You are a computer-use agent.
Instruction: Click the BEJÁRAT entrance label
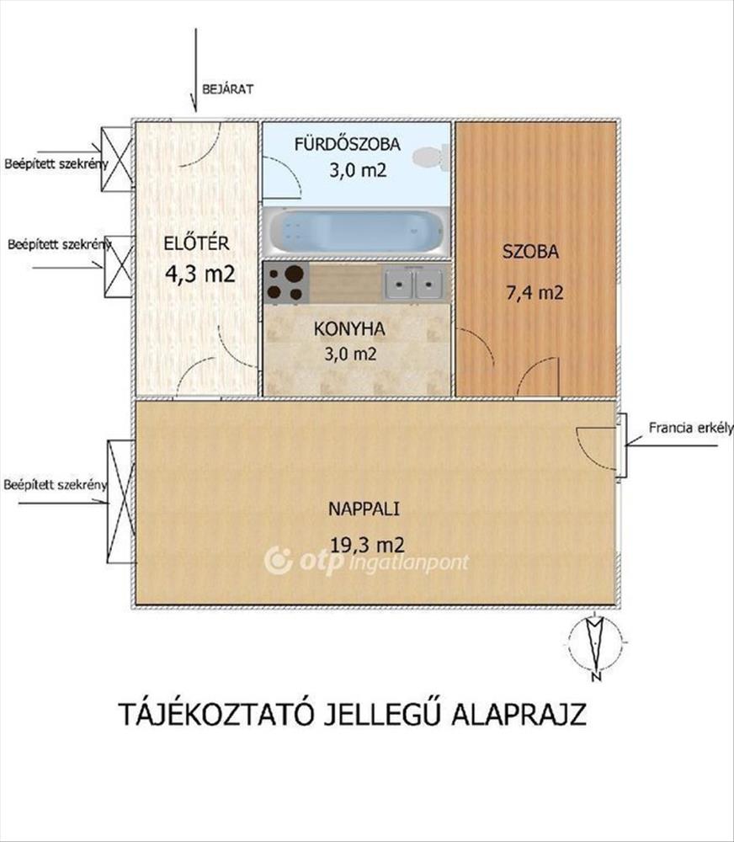pos(227,89)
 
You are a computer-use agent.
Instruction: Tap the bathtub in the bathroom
pos(355,232)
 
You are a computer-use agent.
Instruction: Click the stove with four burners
pos(286,282)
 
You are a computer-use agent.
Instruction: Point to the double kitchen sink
pos(414,283)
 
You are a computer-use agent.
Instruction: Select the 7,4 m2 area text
pos(535,293)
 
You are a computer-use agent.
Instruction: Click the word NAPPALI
pos(364,509)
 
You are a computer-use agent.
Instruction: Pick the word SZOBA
pos(530,252)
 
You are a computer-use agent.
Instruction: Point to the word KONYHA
pos(349,328)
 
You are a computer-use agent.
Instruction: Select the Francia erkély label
pos(691,428)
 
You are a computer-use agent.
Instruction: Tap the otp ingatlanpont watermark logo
pos(366,561)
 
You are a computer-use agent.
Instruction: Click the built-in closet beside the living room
pos(120,501)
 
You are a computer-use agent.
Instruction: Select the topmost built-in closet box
pos(116,159)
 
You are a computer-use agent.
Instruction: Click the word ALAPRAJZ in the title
pos(519,715)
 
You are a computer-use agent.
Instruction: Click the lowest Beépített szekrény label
pos(56,484)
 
